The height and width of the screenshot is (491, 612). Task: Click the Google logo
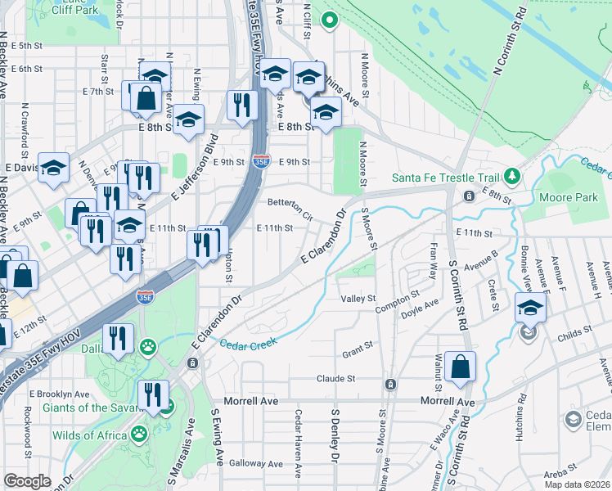coord(27,481)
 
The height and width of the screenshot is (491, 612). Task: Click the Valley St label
coord(358,299)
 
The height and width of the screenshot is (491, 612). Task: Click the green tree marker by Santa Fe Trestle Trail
coord(511,175)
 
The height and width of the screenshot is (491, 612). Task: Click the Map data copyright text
coord(577,484)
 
